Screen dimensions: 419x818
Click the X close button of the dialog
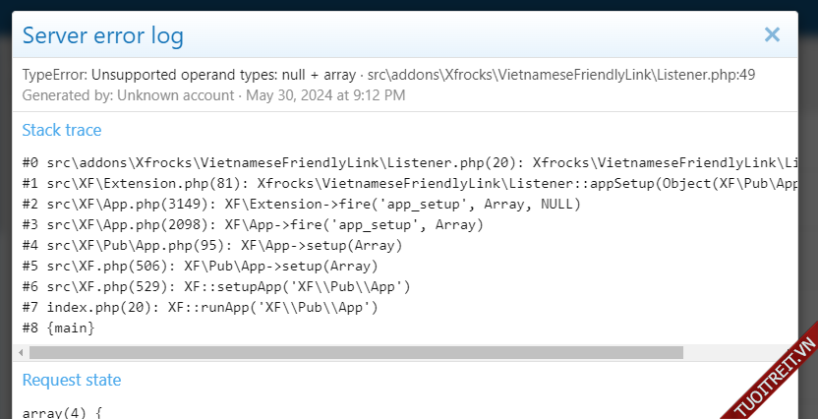tap(772, 35)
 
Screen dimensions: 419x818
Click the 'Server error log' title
tap(102, 36)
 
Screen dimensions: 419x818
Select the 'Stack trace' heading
tap(62, 130)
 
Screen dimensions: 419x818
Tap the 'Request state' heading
tap(72, 380)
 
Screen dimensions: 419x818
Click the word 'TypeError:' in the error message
tap(54, 75)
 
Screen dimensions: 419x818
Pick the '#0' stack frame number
tap(30, 162)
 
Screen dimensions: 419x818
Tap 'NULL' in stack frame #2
tap(560, 204)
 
